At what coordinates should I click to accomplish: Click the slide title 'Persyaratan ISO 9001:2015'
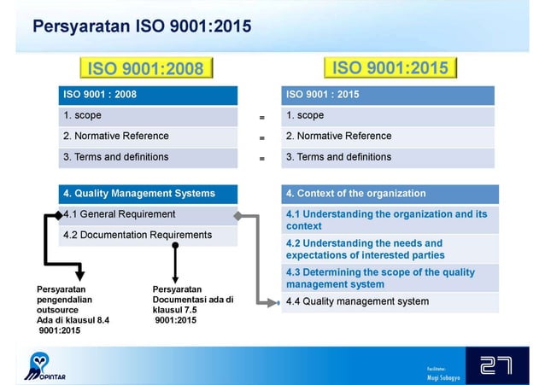point(142,25)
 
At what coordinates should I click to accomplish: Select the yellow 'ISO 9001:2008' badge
point(146,68)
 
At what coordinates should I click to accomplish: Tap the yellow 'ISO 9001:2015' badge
point(390,67)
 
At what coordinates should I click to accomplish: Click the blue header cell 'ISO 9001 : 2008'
point(148,95)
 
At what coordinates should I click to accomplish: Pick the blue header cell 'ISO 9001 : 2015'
point(388,95)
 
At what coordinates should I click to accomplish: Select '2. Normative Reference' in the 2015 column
point(338,137)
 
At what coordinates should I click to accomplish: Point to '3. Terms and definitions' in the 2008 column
point(116,157)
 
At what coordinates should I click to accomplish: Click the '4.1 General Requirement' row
point(120,214)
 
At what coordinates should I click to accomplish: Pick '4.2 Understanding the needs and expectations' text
point(365,249)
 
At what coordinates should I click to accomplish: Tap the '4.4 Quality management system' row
point(357,301)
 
